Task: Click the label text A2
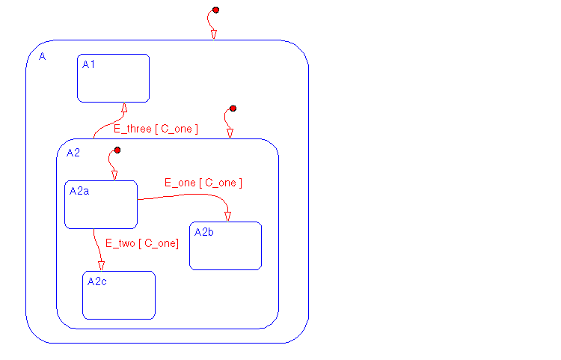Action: pyautogui.click(x=73, y=153)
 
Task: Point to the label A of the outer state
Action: pyautogui.click(x=41, y=57)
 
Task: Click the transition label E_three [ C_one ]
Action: pyautogui.click(x=156, y=129)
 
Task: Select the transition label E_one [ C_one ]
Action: pyautogui.click(x=203, y=183)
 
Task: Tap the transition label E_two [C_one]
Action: pyautogui.click(x=141, y=243)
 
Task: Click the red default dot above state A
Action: pyautogui.click(x=215, y=10)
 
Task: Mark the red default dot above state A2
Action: pyautogui.click(x=233, y=109)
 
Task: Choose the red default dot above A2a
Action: pyautogui.click(x=117, y=150)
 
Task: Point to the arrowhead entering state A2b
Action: pyautogui.click(x=227, y=216)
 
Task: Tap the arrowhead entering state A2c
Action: pyautogui.click(x=101, y=265)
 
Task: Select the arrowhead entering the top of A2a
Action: pyautogui.click(x=114, y=175)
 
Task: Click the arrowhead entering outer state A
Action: pyautogui.click(x=214, y=34)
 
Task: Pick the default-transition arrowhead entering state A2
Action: pyautogui.click(x=230, y=133)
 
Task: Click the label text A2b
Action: pyautogui.click(x=204, y=232)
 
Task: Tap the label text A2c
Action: pyautogui.click(x=97, y=281)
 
